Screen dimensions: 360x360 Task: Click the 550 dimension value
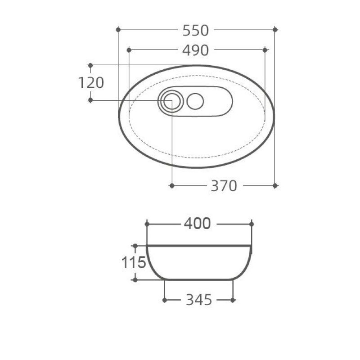196,30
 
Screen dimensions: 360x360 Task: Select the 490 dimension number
195,50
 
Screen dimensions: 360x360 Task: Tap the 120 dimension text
91,83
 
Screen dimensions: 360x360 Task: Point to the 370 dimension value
224,185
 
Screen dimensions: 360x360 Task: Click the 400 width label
198,224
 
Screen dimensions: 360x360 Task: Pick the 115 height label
134,262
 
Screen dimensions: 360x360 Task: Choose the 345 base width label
198,300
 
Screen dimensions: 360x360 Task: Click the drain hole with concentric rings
171,101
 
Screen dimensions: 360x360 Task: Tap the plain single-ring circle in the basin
195,101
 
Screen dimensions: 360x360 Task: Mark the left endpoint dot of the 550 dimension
118,30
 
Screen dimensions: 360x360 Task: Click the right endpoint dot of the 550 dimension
275,30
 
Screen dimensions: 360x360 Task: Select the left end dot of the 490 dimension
129,49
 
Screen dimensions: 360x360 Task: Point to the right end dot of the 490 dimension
265,49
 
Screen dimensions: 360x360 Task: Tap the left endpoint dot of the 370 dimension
171,185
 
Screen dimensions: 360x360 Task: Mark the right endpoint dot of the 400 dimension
251,224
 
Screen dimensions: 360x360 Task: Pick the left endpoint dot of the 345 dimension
165,299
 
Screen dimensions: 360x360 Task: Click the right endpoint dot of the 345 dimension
233,299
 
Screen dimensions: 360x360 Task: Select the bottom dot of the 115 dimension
135,279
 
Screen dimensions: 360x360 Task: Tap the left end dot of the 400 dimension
147,224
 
